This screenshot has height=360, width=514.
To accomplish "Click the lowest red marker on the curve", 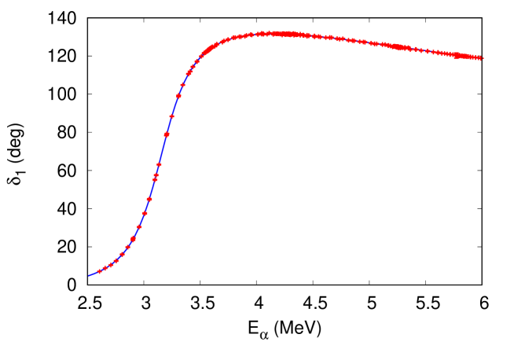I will pyautogui.click(x=99, y=272).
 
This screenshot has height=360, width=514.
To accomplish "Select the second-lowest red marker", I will pyautogui.click(x=105, y=269).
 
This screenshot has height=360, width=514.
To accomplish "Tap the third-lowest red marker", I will pyautogui.click(x=111, y=265).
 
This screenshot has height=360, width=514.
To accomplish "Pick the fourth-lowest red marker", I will pyautogui.click(x=116, y=260).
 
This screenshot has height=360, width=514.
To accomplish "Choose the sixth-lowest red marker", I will pyautogui.click(x=127, y=247).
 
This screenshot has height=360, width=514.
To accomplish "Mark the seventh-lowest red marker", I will pyautogui.click(x=133, y=239).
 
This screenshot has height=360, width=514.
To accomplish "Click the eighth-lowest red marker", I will pyautogui.click(x=139, y=227).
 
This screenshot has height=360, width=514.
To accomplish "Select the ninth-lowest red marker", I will pyautogui.click(x=145, y=213).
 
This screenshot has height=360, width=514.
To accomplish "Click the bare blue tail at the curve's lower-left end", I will pyautogui.click(x=92, y=274).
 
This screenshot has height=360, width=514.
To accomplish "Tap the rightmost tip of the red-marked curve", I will pyautogui.click(x=481, y=58).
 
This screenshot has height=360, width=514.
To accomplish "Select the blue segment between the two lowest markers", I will pyautogui.click(x=102, y=270).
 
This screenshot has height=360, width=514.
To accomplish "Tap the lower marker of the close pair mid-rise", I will pyautogui.click(x=155, y=179).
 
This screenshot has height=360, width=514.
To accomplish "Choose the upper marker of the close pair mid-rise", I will pyautogui.click(x=156, y=174).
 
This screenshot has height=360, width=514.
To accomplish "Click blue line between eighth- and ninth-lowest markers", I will pyautogui.click(x=142, y=220).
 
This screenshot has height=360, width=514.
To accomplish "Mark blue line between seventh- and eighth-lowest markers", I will pyautogui.click(x=136, y=233).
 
